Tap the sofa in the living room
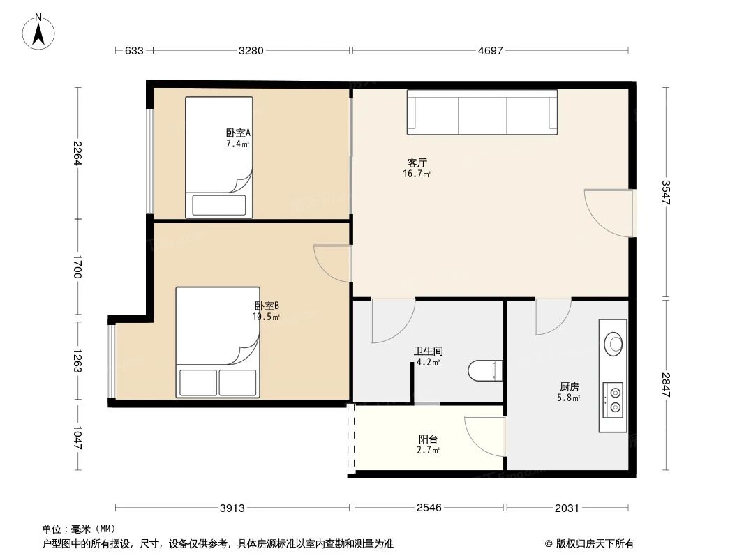point(482,112)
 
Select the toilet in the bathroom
point(486,370)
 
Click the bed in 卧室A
point(218,157)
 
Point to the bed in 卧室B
point(218,342)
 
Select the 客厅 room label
point(417,163)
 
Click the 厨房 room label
point(569,386)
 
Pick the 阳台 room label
point(428,439)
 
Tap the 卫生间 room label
point(428,352)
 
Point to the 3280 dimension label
point(251,51)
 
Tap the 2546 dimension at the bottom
point(429,508)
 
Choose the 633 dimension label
point(134,51)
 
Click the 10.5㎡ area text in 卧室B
point(266,317)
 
